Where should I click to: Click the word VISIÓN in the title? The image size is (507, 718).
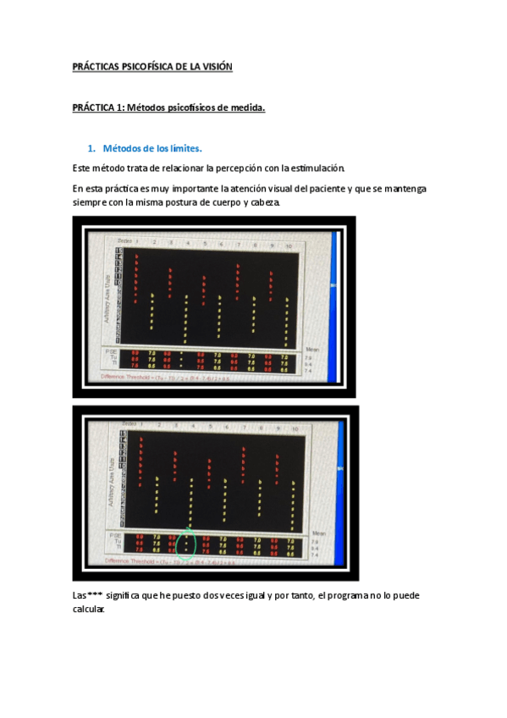point(214,66)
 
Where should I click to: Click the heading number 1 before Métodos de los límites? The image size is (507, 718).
point(91,147)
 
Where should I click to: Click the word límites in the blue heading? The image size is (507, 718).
point(184,147)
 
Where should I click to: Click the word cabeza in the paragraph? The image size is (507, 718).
point(259,203)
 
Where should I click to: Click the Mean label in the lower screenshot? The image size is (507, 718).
point(318,533)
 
